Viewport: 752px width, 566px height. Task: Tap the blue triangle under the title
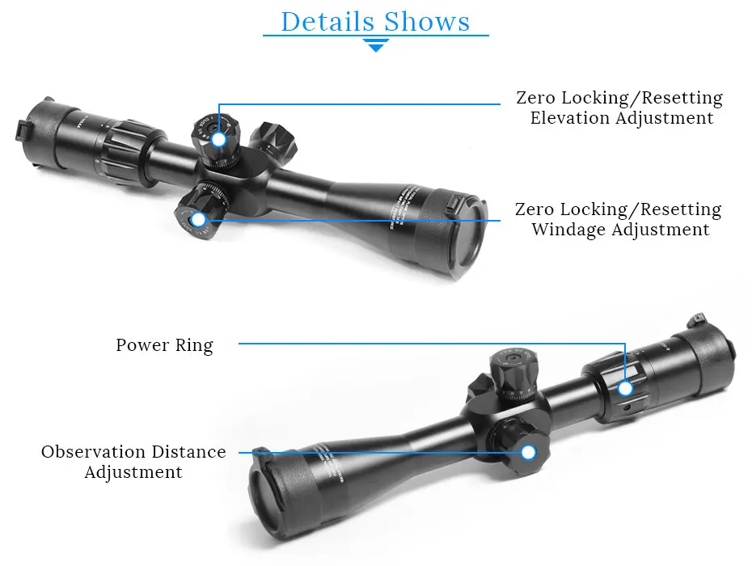(376, 46)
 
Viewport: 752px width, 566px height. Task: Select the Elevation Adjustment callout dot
(218, 139)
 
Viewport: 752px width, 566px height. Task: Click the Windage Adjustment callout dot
(197, 219)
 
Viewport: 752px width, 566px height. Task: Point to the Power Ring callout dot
(625, 389)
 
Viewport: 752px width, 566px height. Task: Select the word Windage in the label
(568, 230)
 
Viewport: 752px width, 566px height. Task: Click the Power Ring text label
(164, 345)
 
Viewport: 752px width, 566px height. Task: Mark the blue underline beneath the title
(376, 36)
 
